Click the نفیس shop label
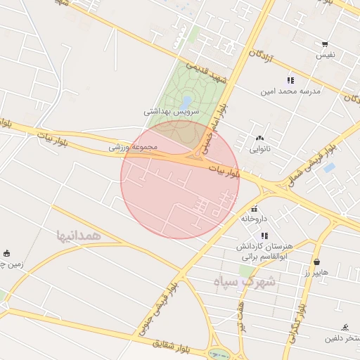click(x=325, y=54)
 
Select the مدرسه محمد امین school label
click(x=286, y=91)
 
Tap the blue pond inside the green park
click(x=186, y=103)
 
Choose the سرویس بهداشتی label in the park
click(x=172, y=111)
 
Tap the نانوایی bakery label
click(x=259, y=149)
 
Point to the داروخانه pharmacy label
click(x=254, y=219)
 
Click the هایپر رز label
click(x=316, y=271)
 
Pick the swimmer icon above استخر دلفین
click(x=345, y=328)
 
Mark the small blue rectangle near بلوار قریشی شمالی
click(x=329, y=168)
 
